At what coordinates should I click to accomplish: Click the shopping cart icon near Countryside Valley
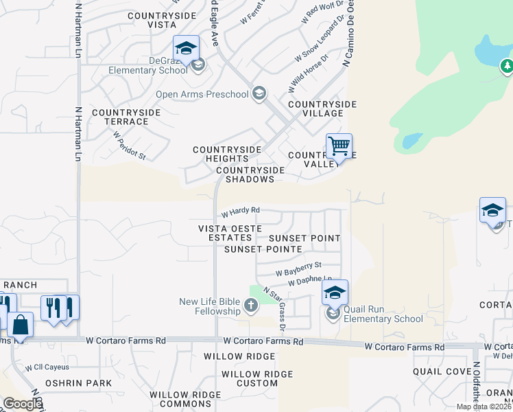click(339, 146)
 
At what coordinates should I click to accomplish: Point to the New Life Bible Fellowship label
click(210, 306)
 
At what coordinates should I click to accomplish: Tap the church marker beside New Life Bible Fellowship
click(252, 306)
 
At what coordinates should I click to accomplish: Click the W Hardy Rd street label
click(240, 210)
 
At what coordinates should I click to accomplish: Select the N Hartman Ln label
click(77, 131)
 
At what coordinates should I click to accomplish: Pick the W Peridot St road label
click(130, 147)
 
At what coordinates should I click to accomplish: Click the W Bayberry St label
click(298, 268)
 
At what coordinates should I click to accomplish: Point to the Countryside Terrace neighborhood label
click(126, 117)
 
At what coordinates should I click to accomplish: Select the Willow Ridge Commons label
click(185, 400)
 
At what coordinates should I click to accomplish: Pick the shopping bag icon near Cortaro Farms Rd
click(21, 326)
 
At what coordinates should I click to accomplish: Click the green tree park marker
click(507, 66)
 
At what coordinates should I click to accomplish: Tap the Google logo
click(22, 404)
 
